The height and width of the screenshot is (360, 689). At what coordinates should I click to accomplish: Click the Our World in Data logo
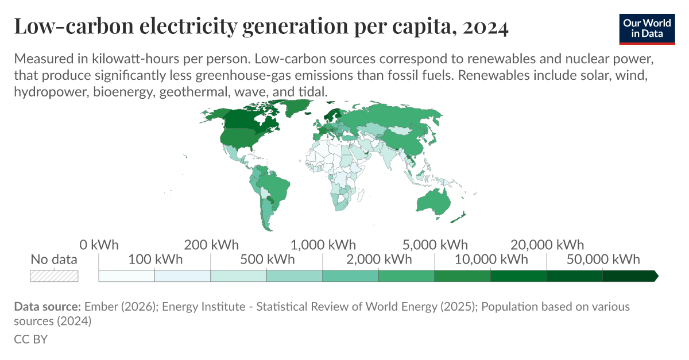pos(647,27)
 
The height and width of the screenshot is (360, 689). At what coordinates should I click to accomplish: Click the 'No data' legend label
pos(54,260)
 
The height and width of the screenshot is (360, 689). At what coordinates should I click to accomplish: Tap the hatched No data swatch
pos(54,276)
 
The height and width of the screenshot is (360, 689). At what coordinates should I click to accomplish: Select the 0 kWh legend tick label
pos(99,245)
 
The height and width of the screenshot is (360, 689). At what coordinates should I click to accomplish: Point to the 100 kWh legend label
pos(155,260)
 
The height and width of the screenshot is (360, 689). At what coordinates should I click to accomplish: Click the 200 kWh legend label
pos(211,245)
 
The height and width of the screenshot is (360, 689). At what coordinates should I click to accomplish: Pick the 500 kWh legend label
pos(267,260)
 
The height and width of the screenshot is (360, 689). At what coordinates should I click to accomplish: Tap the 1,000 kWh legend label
pos(323,245)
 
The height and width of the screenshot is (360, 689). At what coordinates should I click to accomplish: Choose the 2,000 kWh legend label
pos(379,260)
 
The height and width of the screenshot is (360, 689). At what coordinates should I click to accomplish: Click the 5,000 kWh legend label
pos(435,245)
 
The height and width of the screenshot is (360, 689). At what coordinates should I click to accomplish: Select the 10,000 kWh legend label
pos(491,260)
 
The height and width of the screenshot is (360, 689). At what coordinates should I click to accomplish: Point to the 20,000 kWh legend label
pos(547,245)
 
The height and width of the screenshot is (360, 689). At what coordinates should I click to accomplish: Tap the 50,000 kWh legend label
pos(603,260)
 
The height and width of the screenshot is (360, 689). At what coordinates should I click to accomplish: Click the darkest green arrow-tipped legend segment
pos(629,276)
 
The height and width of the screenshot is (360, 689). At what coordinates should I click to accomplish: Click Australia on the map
pos(434,201)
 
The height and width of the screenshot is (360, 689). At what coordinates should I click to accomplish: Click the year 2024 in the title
pos(486,27)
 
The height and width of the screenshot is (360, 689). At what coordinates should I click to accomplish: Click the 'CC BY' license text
pos(30,339)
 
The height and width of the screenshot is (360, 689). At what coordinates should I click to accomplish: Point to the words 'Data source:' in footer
pos(48,307)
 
